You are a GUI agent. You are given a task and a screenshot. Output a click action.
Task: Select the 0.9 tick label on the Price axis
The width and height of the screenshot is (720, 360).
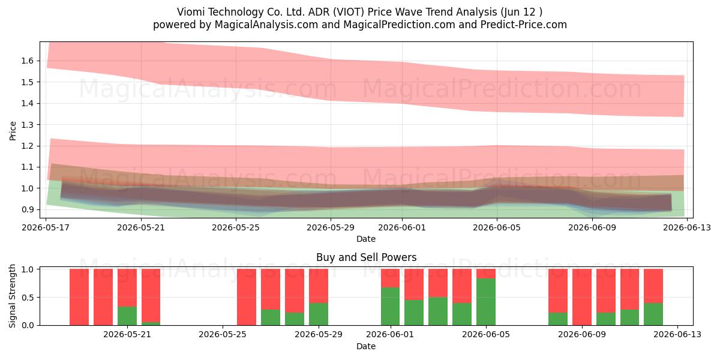click(x=28, y=209)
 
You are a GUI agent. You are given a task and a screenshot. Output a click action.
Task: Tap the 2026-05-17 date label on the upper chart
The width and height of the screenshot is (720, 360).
click(x=46, y=227)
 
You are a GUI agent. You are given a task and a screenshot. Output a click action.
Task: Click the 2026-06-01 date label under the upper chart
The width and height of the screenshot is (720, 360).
click(x=402, y=227)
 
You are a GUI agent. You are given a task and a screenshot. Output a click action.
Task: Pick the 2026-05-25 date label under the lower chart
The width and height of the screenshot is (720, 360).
click(x=223, y=335)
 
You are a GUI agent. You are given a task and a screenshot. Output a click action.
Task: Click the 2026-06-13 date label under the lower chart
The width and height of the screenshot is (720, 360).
click(x=677, y=335)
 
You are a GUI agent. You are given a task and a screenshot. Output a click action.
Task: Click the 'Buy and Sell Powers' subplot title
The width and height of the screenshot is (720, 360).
click(x=367, y=257)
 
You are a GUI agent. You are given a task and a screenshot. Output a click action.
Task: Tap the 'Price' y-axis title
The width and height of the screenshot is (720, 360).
click(x=13, y=131)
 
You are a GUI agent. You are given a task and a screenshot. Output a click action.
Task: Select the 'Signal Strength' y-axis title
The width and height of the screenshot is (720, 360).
click(x=12, y=296)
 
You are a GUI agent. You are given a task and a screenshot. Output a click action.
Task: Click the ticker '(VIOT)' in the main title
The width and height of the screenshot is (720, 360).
click(x=349, y=12)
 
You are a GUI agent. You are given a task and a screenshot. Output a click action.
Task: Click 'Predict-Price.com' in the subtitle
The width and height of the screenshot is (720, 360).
click(x=524, y=25)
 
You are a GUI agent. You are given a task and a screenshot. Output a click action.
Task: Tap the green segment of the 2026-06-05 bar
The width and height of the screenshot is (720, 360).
click(x=486, y=302)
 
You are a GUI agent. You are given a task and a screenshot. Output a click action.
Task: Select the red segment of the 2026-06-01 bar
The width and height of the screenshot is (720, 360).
click(x=390, y=278)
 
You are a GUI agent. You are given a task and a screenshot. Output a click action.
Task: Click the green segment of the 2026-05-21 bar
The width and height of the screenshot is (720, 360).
click(x=127, y=316)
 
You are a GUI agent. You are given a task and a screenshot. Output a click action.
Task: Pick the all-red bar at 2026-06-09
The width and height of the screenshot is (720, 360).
click(x=582, y=297)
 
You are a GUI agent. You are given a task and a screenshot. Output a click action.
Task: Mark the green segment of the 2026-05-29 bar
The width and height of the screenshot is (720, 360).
click(x=319, y=314)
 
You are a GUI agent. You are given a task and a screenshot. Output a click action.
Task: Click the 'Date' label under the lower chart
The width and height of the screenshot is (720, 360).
click(x=366, y=346)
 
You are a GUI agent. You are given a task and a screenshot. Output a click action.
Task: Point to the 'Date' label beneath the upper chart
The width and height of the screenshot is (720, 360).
click(x=366, y=239)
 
